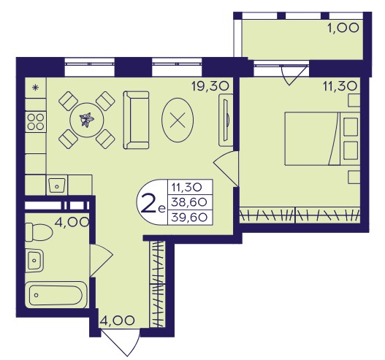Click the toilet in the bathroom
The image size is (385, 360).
click(39, 232)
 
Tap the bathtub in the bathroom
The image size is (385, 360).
click(56, 294)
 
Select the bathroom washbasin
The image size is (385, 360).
click(34, 260)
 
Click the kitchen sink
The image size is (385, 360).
click(57, 185)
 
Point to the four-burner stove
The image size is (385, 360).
click(36, 122)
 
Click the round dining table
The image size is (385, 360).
click(87, 120)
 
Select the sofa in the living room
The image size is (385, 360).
click(136, 120)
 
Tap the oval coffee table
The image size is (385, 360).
click(178, 120)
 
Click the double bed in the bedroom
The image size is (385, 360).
click(322, 139)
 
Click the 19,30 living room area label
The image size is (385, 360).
click(210, 86)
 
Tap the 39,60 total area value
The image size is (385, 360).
click(189, 218)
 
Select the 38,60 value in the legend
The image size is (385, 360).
click(189, 202)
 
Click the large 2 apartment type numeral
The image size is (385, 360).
click(148, 206)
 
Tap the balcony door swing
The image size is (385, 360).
click(294, 74)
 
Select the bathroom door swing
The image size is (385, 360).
click(101, 261)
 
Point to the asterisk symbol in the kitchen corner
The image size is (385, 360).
click(36, 88)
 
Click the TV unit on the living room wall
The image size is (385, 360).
click(226, 120)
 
